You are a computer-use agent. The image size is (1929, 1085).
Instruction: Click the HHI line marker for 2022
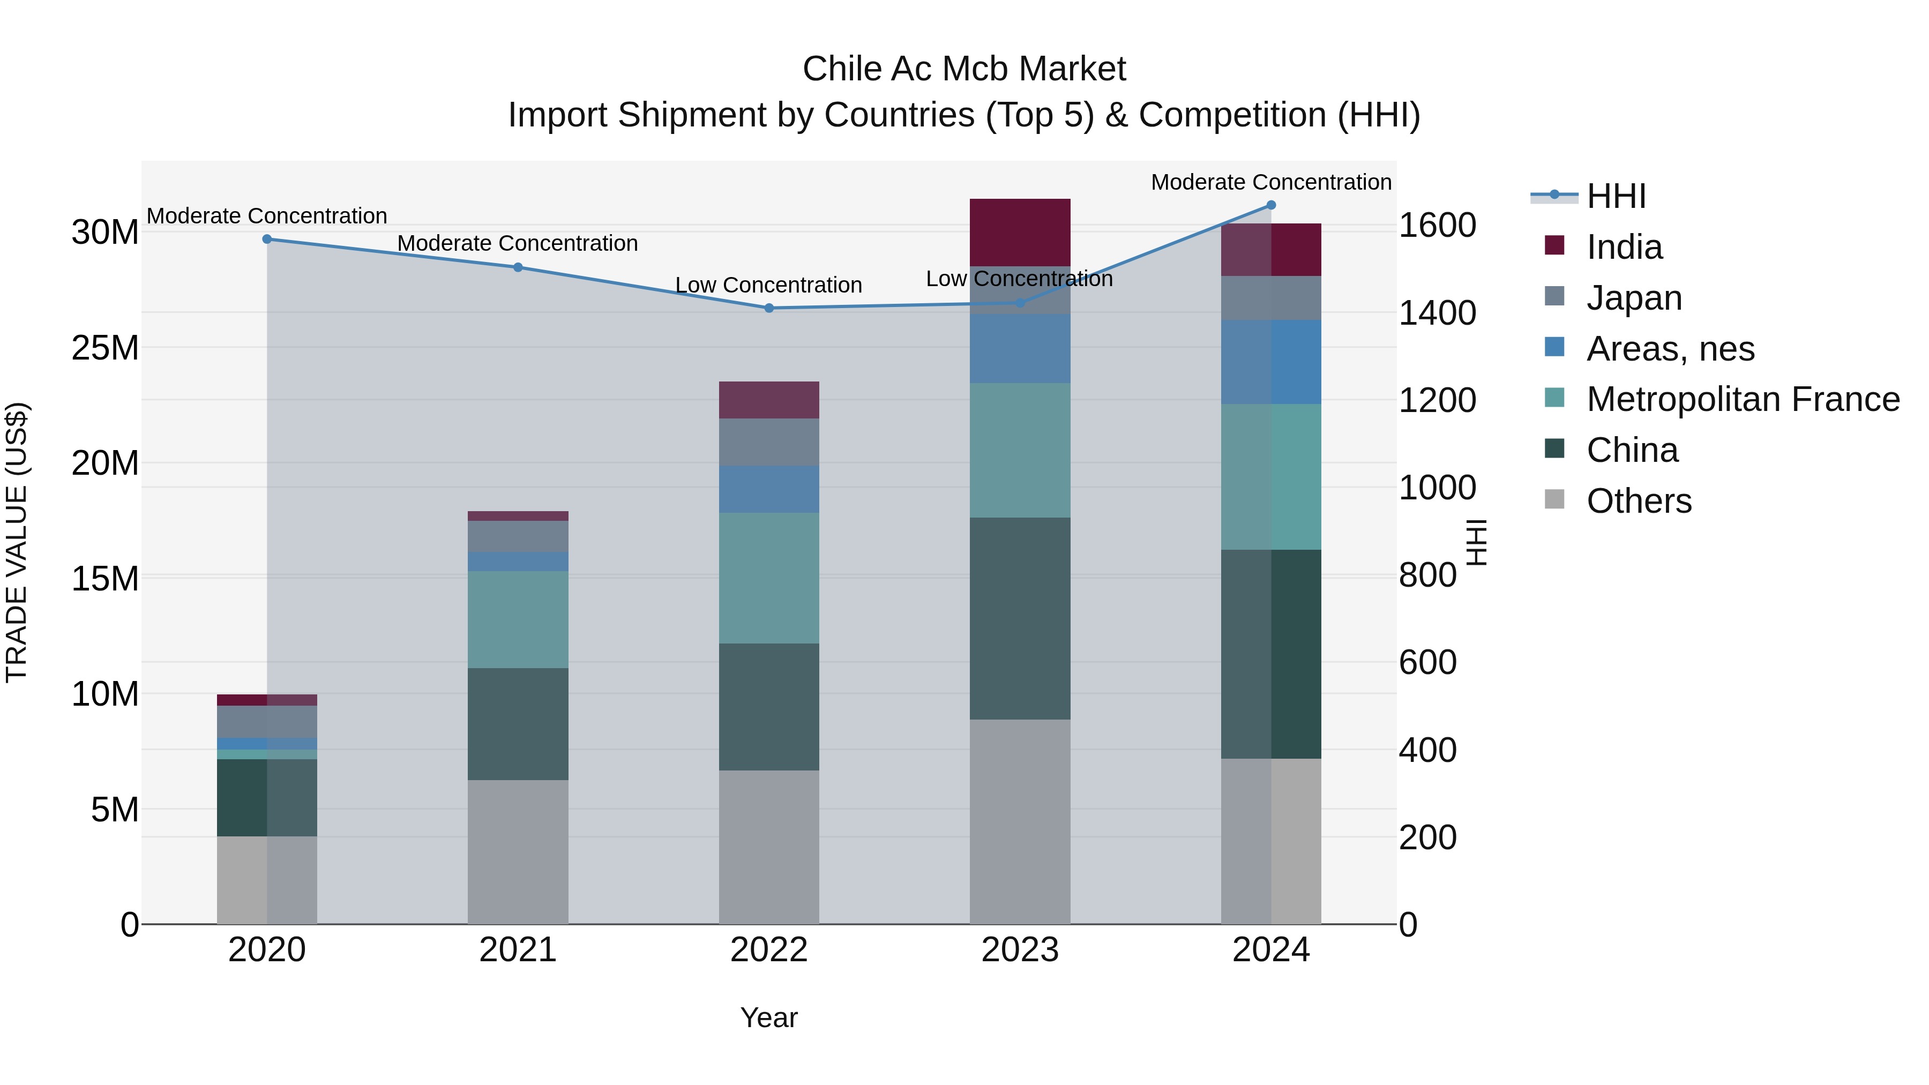click(x=768, y=308)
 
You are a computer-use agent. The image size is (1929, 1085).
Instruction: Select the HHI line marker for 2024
click(x=1271, y=205)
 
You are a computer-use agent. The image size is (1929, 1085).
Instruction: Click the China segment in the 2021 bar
click(x=518, y=723)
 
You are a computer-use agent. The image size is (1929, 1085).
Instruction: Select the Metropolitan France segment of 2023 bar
click(x=1019, y=450)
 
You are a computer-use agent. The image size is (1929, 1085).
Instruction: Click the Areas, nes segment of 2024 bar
click(x=1271, y=362)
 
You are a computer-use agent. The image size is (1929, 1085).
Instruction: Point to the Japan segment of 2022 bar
click(x=768, y=442)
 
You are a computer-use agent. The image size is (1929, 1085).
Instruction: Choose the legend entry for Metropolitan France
click(x=1742, y=399)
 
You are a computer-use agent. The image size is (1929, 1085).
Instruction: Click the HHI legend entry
click(x=1615, y=196)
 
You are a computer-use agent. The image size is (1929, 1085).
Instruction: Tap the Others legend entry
click(x=1638, y=501)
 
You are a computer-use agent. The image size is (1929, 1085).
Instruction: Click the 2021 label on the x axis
click(x=518, y=950)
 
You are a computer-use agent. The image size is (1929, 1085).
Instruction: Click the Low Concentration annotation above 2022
click(x=768, y=285)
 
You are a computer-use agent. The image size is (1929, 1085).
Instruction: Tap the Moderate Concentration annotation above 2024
click(x=1271, y=182)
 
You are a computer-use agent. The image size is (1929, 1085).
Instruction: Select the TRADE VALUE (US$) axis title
click(x=17, y=542)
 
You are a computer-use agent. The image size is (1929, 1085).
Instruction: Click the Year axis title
click(x=768, y=1017)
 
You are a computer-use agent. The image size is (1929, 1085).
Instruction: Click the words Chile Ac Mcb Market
click(x=964, y=69)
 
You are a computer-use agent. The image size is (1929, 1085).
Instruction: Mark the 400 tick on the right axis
click(x=1427, y=750)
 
